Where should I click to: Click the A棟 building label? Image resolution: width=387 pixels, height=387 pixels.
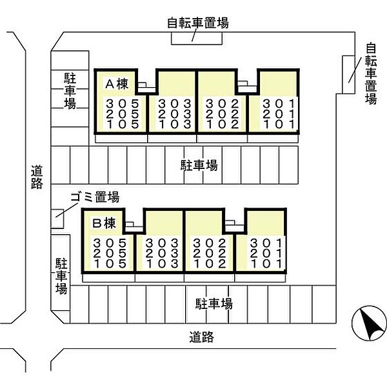(x=117, y=84)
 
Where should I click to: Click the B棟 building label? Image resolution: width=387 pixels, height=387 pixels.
(x=104, y=223)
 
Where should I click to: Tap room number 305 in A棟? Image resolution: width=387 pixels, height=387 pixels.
(x=123, y=104)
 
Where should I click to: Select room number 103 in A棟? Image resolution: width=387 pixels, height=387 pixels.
(x=175, y=124)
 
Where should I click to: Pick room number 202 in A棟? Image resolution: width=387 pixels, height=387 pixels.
(x=223, y=114)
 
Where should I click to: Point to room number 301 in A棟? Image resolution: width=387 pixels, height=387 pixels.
(x=279, y=104)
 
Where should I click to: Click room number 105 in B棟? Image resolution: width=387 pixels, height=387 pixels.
(x=110, y=264)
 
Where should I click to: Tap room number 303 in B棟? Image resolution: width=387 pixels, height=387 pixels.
(x=162, y=243)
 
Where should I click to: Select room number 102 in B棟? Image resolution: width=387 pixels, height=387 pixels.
(x=210, y=264)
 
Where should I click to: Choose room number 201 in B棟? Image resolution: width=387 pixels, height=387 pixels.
(x=266, y=253)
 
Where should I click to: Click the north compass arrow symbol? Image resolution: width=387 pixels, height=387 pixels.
(x=370, y=323)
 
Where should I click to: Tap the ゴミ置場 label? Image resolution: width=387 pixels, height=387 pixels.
(x=95, y=197)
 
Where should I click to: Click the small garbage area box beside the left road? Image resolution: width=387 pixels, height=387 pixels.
(x=57, y=219)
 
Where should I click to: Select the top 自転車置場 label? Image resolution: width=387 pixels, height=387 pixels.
(x=198, y=23)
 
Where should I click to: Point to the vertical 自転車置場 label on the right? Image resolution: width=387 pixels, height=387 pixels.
(x=371, y=74)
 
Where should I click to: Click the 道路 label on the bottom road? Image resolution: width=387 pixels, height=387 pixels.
(x=202, y=337)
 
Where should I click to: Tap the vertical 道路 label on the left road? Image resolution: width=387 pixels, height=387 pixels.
(x=37, y=177)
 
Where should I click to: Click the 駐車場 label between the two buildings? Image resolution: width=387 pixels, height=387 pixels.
(x=199, y=165)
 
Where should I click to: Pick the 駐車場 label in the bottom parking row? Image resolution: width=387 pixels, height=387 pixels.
(x=214, y=304)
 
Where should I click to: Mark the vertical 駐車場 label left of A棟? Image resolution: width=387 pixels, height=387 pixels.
(x=70, y=91)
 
